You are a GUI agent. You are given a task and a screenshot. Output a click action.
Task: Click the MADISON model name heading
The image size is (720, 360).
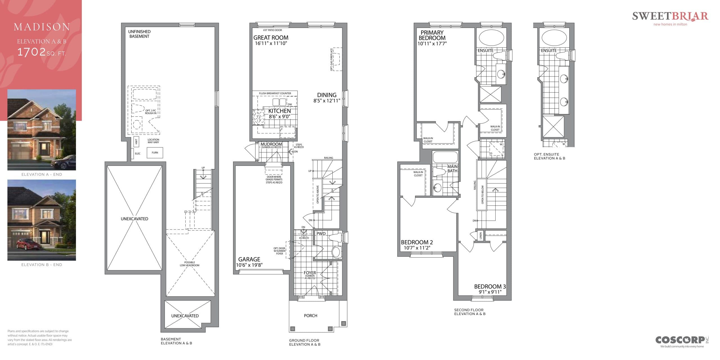[x=42, y=27]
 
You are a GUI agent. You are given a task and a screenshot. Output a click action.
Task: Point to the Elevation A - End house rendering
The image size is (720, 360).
[x=42, y=130]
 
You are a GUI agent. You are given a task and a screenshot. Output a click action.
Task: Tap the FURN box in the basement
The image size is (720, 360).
[x=155, y=153]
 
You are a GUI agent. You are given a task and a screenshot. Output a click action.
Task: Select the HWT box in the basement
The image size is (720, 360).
[x=136, y=142]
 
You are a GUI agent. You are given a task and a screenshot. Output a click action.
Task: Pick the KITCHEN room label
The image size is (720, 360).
[x=279, y=111]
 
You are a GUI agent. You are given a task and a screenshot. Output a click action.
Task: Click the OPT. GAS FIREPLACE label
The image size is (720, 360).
[x=332, y=59]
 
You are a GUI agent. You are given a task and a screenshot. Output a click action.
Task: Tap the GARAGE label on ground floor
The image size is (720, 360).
[x=249, y=259]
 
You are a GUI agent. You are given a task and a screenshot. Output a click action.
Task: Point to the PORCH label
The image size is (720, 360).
[x=310, y=316]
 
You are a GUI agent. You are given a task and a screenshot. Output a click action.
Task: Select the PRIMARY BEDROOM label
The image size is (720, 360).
[x=432, y=35]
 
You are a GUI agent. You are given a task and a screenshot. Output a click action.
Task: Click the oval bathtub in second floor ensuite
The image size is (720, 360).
[x=491, y=38]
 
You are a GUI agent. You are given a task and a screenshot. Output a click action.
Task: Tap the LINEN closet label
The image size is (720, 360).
[x=481, y=236]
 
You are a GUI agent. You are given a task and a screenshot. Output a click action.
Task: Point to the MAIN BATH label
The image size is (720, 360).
[x=452, y=169]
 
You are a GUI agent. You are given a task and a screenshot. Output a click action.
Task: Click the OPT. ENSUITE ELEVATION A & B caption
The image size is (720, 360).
[x=549, y=156]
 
